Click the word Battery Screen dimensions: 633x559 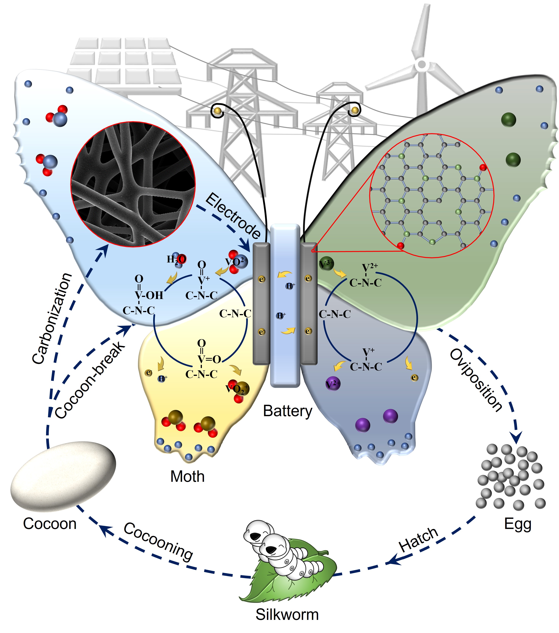point(287,411)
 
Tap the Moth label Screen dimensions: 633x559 point(187,476)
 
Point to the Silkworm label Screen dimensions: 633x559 point(287,614)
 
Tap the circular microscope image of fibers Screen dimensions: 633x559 point(133,184)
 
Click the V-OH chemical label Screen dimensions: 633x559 point(149,295)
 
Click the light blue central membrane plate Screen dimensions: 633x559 point(285,305)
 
